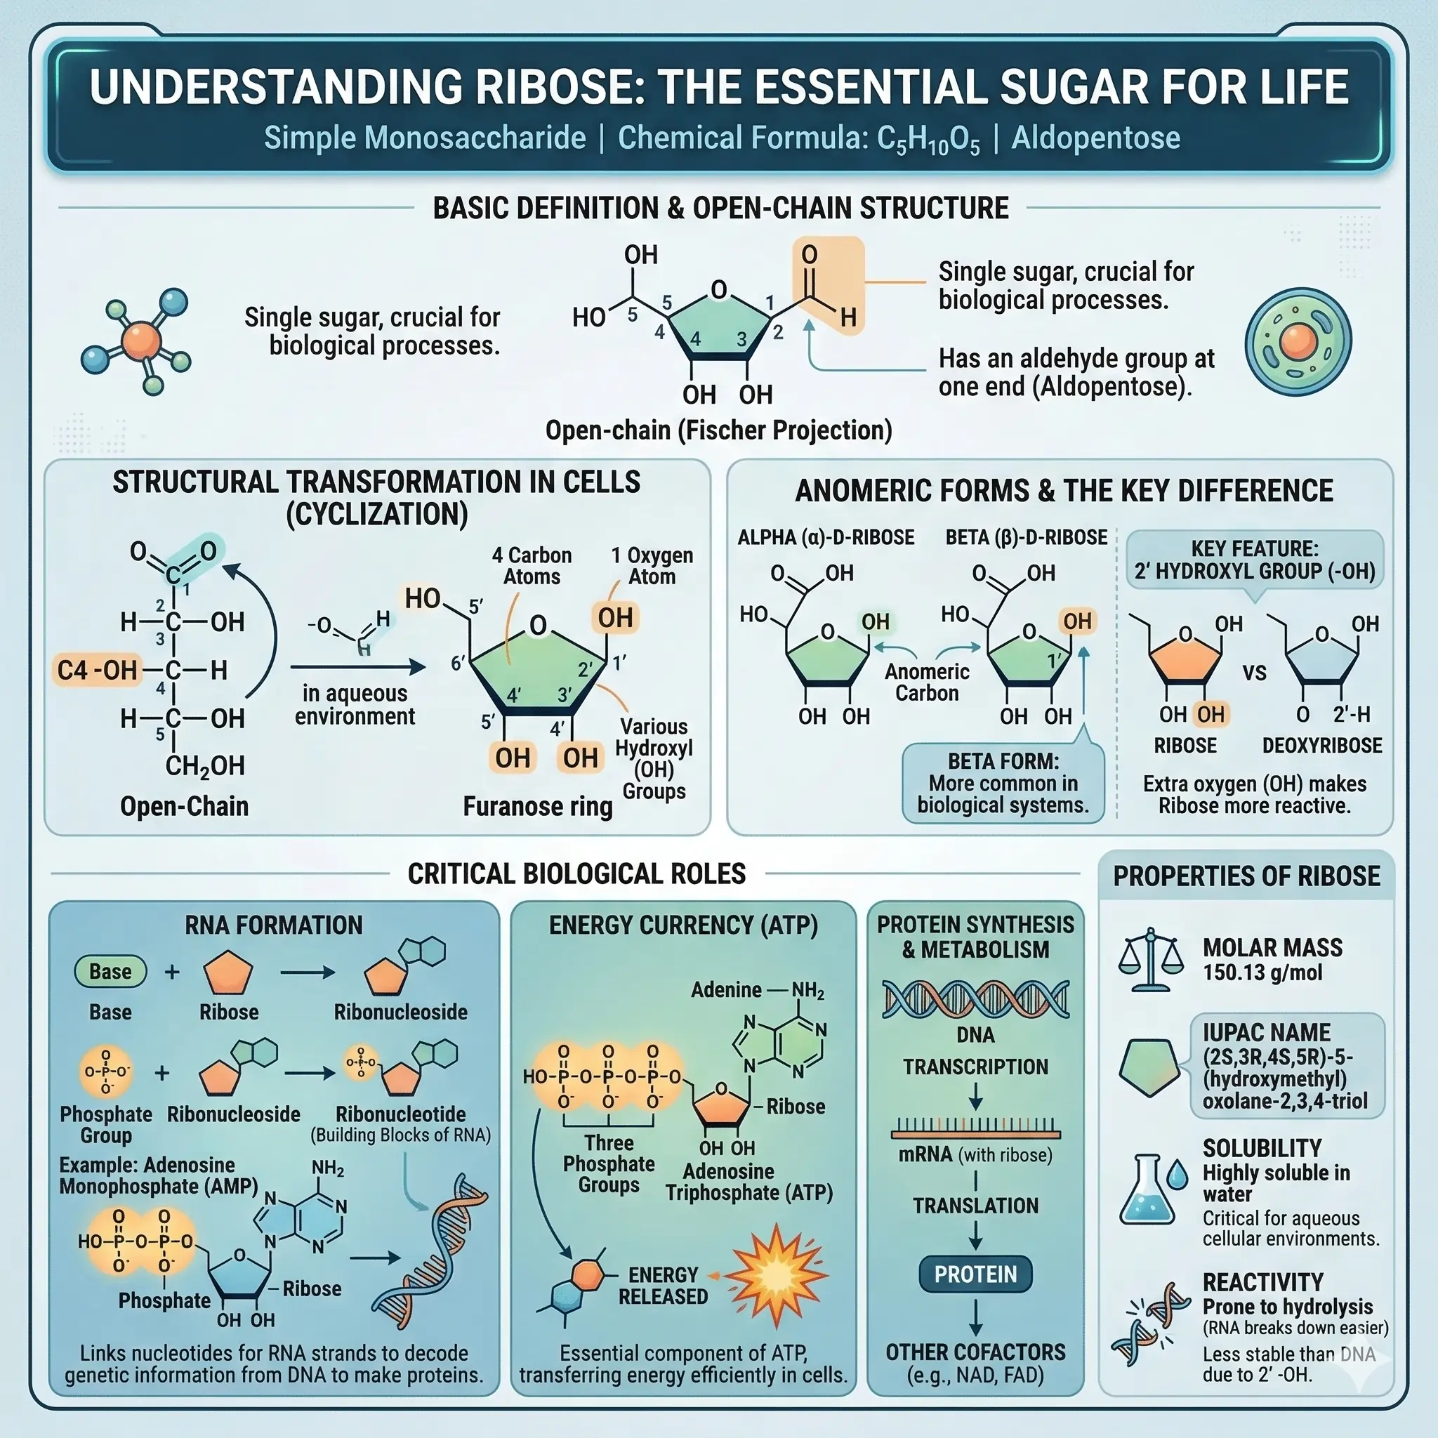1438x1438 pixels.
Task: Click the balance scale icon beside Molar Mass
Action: point(1150,959)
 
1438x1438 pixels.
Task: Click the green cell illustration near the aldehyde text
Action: point(1298,342)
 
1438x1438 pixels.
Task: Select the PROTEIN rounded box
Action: point(975,1274)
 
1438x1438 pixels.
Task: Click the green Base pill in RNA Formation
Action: point(110,971)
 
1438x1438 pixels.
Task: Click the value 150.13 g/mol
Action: point(1262,972)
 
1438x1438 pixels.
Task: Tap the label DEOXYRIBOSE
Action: point(1322,745)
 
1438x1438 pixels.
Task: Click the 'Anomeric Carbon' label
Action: point(927,682)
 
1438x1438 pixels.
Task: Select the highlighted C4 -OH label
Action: point(98,670)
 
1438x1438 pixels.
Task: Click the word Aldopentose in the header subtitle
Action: point(1095,138)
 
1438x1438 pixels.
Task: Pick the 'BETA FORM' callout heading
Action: point(1003,761)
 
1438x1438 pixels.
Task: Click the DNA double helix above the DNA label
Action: point(975,999)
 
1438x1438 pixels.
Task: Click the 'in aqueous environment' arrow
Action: point(357,667)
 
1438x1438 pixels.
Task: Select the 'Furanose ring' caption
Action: point(537,806)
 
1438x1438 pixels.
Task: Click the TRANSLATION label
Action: point(975,1205)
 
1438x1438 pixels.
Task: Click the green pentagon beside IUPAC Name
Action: point(1149,1067)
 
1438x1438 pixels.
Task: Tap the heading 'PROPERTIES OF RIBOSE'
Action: point(1246,876)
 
